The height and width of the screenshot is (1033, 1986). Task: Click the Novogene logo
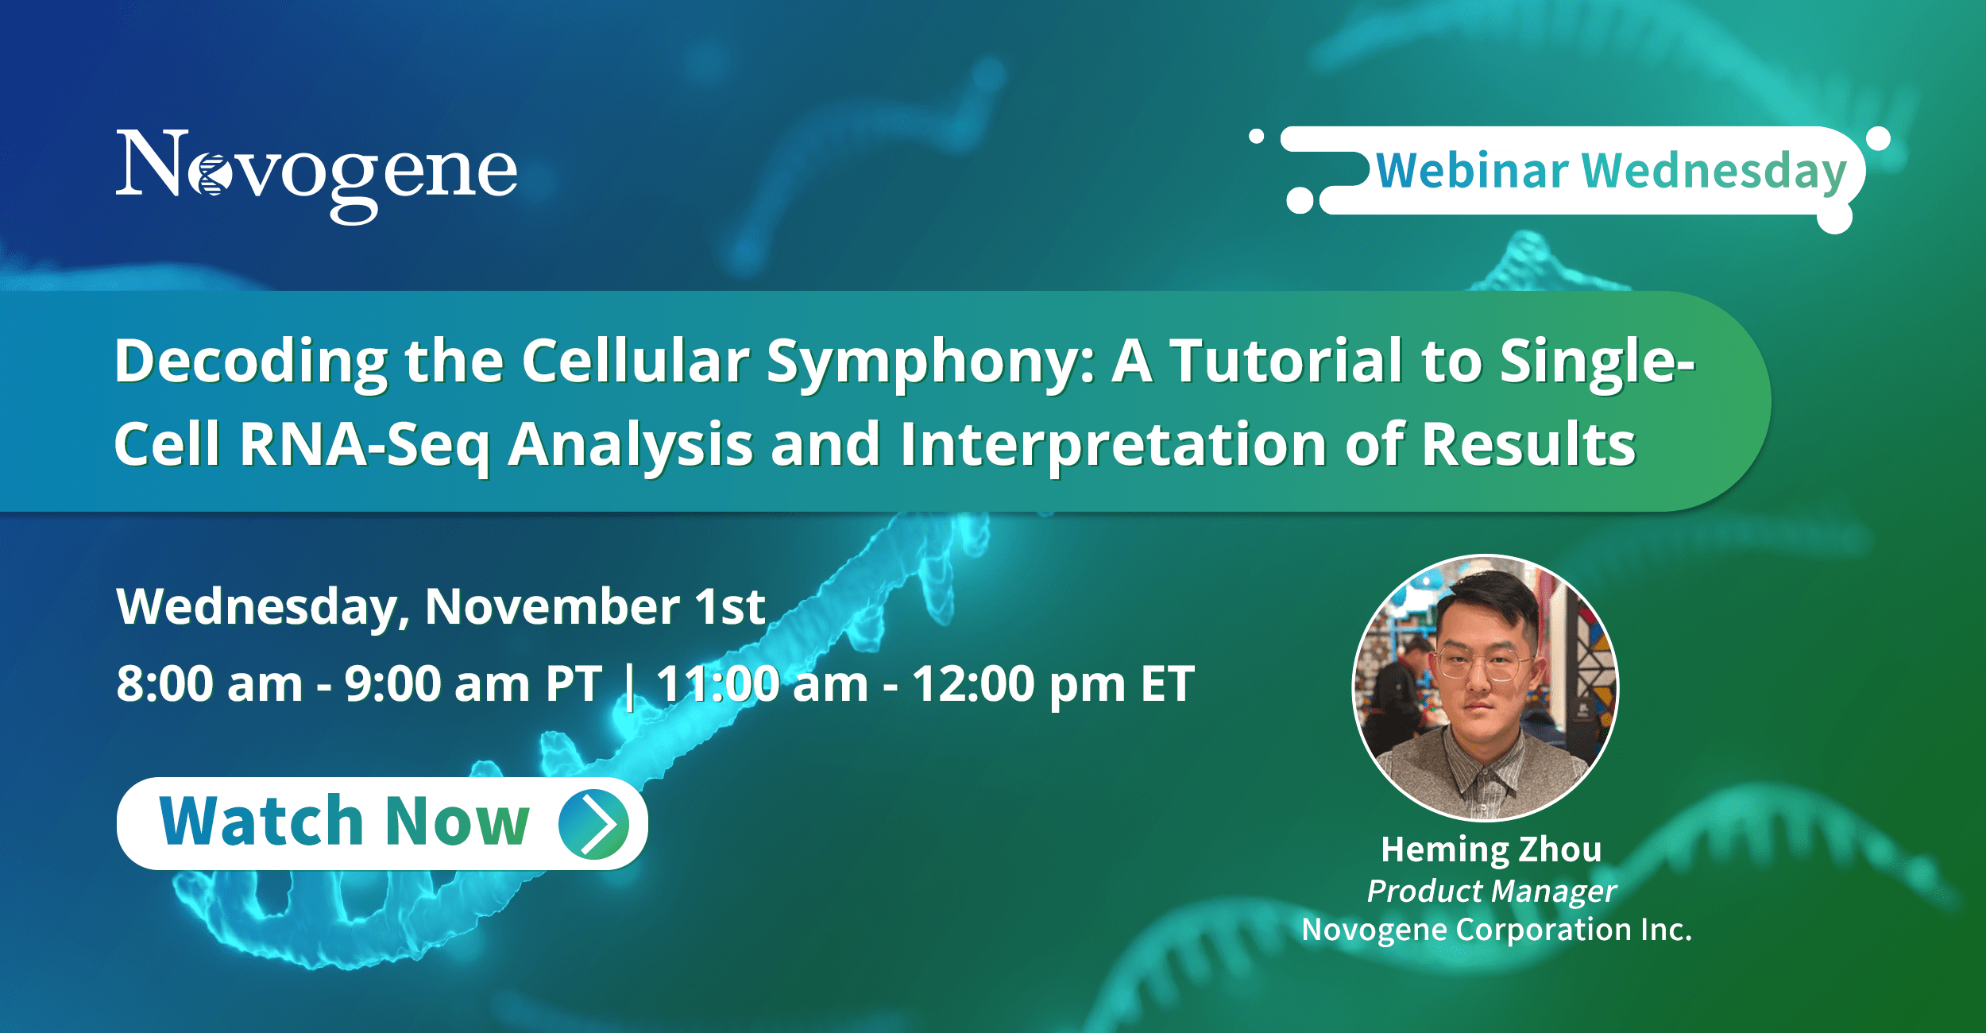pyautogui.click(x=317, y=176)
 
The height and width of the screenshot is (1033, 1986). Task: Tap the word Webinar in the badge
pyautogui.click(x=1472, y=171)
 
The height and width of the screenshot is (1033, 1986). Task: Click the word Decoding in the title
pyautogui.click(x=251, y=362)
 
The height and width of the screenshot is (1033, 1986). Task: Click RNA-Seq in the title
pyautogui.click(x=365, y=446)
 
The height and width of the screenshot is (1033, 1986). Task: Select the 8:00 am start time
pyautogui.click(x=210, y=684)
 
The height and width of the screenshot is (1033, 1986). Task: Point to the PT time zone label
pyautogui.click(x=574, y=684)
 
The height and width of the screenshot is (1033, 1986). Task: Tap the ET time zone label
pyautogui.click(x=1168, y=684)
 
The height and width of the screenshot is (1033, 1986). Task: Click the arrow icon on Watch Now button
pyautogui.click(x=594, y=824)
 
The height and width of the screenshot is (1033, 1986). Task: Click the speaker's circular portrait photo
pyautogui.click(x=1486, y=687)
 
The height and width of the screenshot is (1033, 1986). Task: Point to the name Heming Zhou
pyautogui.click(x=1491, y=850)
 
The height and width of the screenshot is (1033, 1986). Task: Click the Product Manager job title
pyautogui.click(x=1492, y=892)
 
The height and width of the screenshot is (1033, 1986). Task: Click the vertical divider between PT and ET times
pyautogui.click(x=630, y=687)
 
